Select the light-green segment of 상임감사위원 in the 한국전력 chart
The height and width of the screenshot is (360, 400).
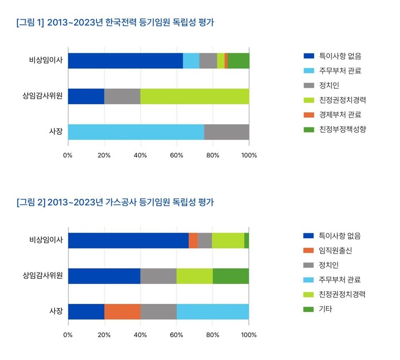pos(195,96)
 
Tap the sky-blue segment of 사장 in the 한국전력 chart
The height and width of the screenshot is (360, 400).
pos(136,132)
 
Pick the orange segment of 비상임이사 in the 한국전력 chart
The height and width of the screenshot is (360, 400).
pos(226,61)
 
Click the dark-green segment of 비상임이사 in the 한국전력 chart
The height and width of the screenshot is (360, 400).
pos(238,61)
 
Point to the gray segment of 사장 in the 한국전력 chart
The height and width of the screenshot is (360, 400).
pos(227,132)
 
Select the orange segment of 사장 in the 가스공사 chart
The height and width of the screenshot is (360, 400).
pos(122,312)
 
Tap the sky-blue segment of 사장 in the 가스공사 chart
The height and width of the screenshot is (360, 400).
pos(212,312)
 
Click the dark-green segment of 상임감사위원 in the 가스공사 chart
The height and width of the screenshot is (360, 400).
pos(231,276)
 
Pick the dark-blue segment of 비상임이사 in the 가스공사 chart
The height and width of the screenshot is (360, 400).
pos(128,240)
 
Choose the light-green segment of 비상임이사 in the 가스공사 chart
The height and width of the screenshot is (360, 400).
pos(228,240)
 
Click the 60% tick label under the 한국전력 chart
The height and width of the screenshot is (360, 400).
pos(177,155)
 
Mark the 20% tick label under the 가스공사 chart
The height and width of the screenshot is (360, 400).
pos(104,335)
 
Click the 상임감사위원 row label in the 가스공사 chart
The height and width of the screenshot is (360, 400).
pos(42,276)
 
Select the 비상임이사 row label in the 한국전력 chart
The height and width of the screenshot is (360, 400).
pos(46,61)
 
